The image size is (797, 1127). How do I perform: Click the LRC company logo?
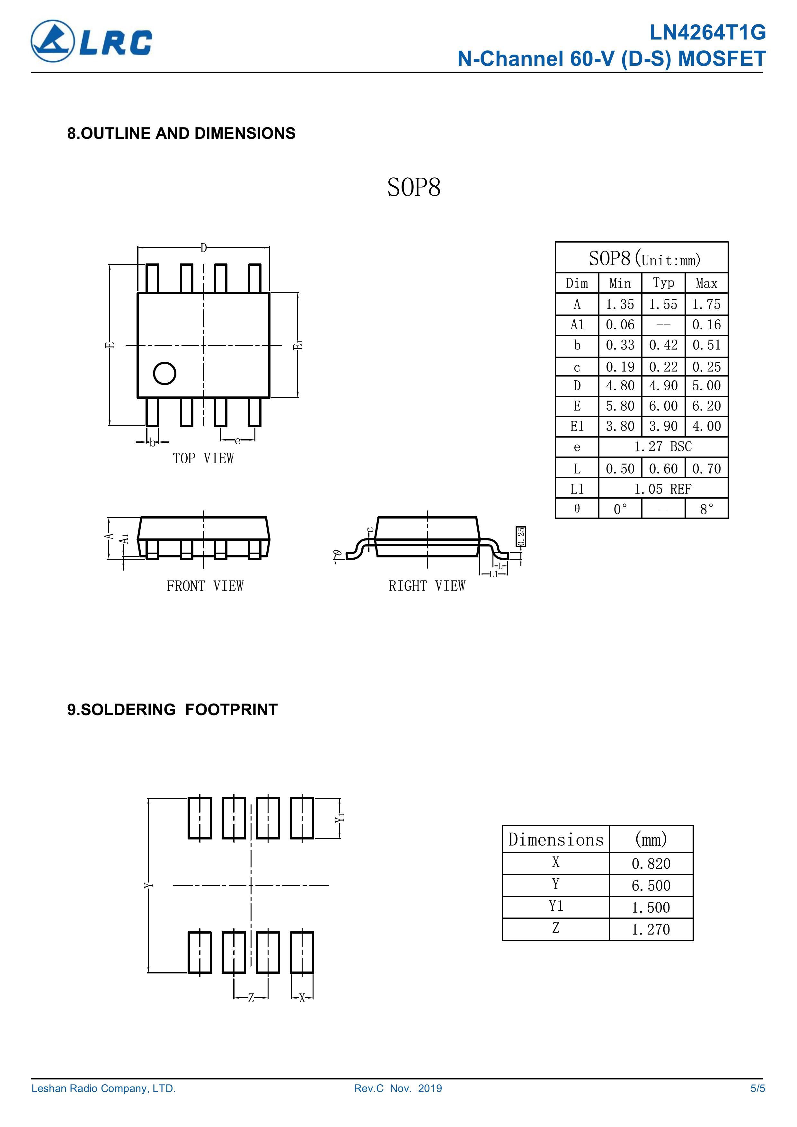tap(91, 41)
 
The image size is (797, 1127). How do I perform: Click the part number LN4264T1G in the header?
tap(707, 33)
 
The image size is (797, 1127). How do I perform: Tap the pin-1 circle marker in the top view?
tap(164, 374)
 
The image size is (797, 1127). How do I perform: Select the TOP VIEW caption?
tap(203, 458)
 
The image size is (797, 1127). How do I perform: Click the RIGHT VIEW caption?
tap(427, 586)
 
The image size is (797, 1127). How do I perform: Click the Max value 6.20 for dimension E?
tap(706, 406)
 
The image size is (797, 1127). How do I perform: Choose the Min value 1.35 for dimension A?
tap(620, 304)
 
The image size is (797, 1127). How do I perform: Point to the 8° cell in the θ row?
tap(706, 509)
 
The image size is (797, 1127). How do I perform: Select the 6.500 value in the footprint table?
tap(651, 885)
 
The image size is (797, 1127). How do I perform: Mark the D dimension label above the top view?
tap(203, 248)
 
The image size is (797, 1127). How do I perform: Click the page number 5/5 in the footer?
tap(757, 1102)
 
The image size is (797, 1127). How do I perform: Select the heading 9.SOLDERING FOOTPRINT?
tap(172, 710)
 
